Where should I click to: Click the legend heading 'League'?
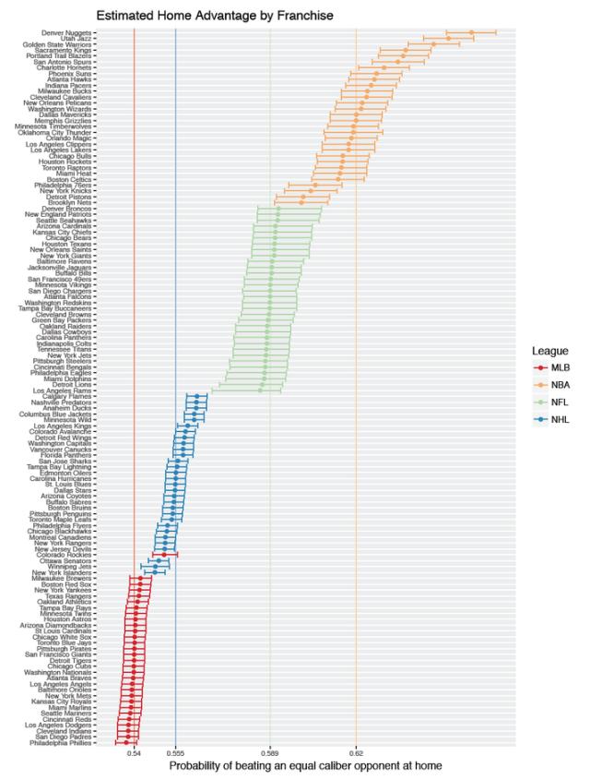tap(549, 350)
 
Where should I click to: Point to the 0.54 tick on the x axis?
tap(134, 753)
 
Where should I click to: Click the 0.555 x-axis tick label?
tap(175, 753)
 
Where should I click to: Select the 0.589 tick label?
tap(270, 753)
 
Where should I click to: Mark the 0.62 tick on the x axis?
tap(356, 753)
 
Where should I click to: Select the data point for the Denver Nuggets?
tap(471, 32)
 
